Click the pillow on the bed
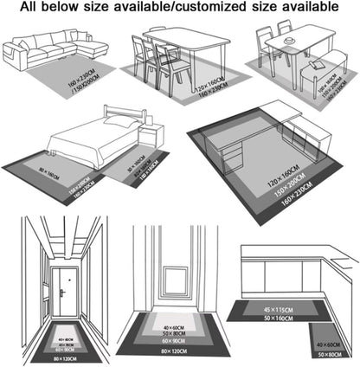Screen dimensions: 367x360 click(x=120, y=122)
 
